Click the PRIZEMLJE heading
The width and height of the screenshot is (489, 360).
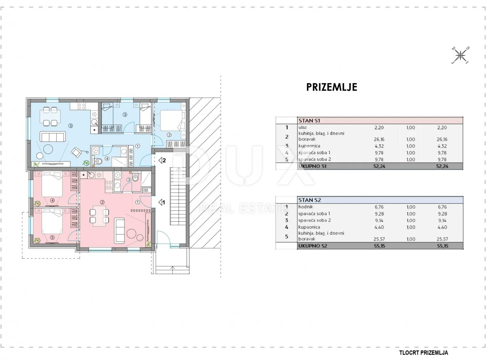pyautogui.click(x=332, y=87)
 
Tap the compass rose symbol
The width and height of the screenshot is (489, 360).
pyautogui.click(x=460, y=55)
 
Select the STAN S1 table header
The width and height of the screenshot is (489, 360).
pyautogui.click(x=309, y=121)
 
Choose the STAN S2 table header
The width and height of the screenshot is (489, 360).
pyautogui.click(x=310, y=200)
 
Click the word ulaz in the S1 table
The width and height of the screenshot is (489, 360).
pyautogui.click(x=303, y=127)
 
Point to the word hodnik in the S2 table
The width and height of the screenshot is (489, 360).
pyautogui.click(x=306, y=207)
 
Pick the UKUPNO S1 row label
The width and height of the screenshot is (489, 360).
pyautogui.click(x=312, y=166)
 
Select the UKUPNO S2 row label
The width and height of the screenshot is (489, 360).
pyautogui.click(x=313, y=246)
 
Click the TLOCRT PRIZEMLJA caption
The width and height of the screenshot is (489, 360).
pyautogui.click(x=424, y=353)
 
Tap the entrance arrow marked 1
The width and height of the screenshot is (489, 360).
pyautogui.click(x=162, y=203)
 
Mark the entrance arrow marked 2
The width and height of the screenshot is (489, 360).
pyautogui.click(x=162, y=160)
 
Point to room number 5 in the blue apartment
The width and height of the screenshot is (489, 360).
pyautogui.click(x=70, y=126)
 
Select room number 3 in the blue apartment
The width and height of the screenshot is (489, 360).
pyautogui.click(x=125, y=114)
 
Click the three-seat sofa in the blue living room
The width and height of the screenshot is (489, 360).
pyautogui.click(x=53, y=137)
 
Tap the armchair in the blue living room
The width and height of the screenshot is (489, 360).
pyautogui.click(x=77, y=152)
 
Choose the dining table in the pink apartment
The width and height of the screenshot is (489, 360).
pyautogui.click(x=99, y=216)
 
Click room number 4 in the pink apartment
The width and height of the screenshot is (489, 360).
pyautogui.click(x=52, y=200)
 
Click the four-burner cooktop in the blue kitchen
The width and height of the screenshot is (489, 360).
pyautogui.click(x=81, y=106)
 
